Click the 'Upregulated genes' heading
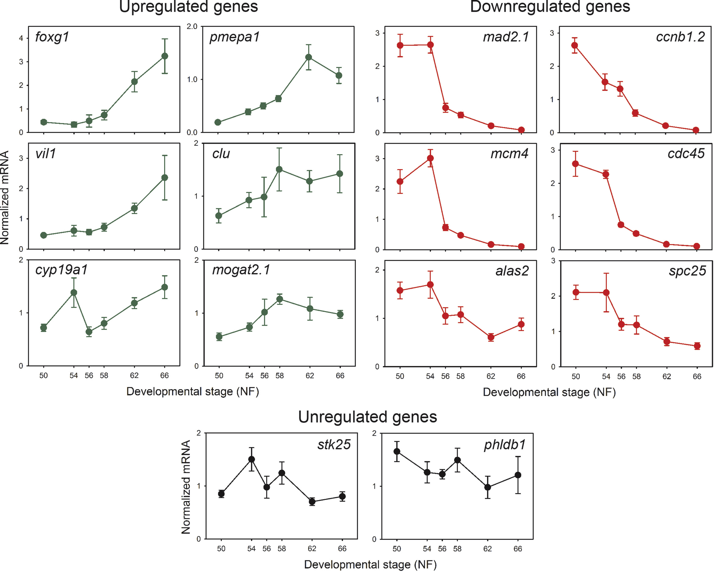click(x=188, y=7)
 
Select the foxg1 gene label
click(x=52, y=37)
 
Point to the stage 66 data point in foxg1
click(x=165, y=56)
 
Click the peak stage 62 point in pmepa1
click(x=309, y=57)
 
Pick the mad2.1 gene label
click(x=506, y=37)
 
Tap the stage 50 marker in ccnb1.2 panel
click(x=575, y=45)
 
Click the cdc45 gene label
click(x=686, y=153)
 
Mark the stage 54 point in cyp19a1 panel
click(x=74, y=293)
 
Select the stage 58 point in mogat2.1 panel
click(x=280, y=299)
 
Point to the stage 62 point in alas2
click(x=491, y=337)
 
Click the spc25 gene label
click(x=687, y=271)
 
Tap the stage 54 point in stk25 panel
click(x=251, y=459)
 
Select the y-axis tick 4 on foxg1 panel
click(x=21, y=38)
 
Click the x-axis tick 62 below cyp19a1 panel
click(x=134, y=376)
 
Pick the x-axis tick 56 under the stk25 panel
click(x=267, y=548)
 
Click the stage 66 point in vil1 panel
click(x=165, y=178)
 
